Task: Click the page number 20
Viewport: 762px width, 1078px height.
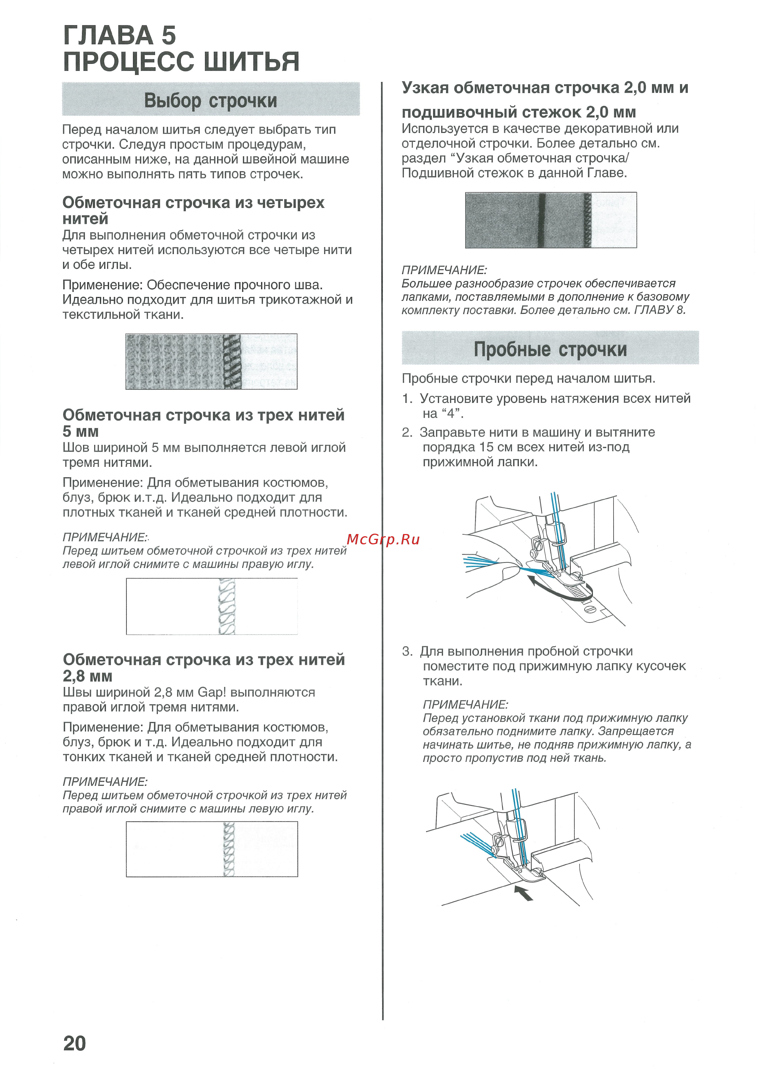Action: (x=75, y=1043)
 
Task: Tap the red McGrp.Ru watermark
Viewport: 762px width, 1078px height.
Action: (x=382, y=540)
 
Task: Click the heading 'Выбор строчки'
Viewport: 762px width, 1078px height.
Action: (x=210, y=100)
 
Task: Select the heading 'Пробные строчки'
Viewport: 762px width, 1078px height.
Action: (x=550, y=349)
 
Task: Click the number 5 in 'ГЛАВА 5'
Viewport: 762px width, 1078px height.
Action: (x=169, y=36)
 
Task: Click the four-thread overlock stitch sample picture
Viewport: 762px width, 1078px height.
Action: (x=211, y=361)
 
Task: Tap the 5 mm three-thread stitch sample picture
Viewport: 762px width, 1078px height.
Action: (x=211, y=606)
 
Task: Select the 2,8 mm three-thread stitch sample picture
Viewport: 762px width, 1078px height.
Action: (x=211, y=849)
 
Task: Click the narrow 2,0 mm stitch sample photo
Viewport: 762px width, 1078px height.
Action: (x=551, y=220)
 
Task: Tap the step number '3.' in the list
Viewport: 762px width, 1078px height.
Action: (x=407, y=651)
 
